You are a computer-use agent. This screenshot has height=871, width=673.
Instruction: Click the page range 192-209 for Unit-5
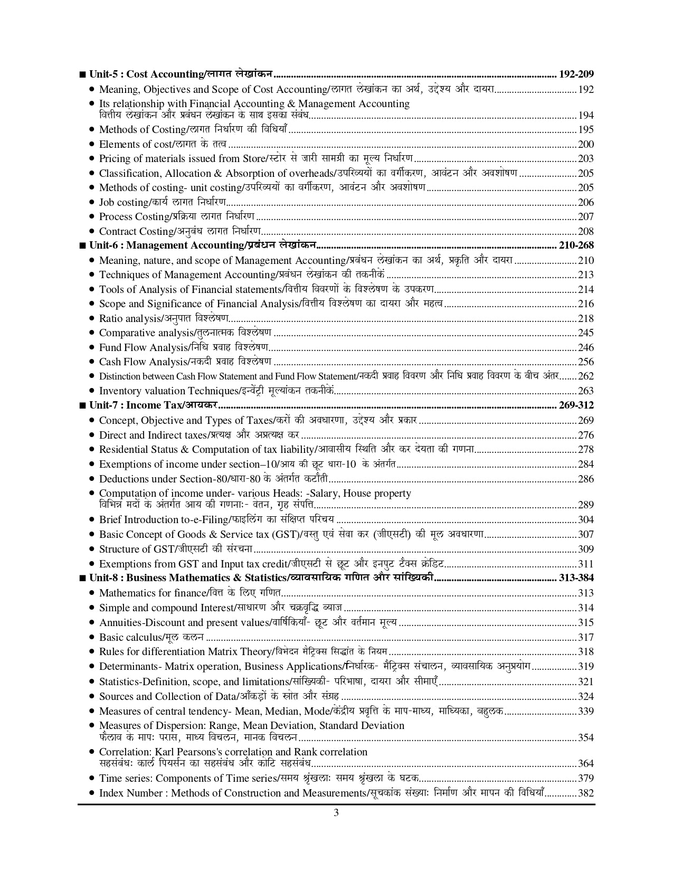[x=576, y=74]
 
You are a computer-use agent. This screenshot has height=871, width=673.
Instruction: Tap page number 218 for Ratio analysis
[x=586, y=318]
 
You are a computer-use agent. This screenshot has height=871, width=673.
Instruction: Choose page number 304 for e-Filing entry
[x=586, y=519]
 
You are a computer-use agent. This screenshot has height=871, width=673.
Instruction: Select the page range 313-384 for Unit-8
[x=576, y=578]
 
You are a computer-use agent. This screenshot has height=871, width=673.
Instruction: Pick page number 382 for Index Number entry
[x=586, y=793]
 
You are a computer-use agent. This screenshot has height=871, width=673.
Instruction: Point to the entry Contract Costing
[x=180, y=231]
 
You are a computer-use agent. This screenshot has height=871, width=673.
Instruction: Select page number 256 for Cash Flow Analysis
[x=586, y=362]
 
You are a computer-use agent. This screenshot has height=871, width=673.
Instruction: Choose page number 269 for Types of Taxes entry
[x=586, y=420]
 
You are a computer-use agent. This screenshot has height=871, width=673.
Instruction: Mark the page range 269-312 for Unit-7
[x=576, y=405]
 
